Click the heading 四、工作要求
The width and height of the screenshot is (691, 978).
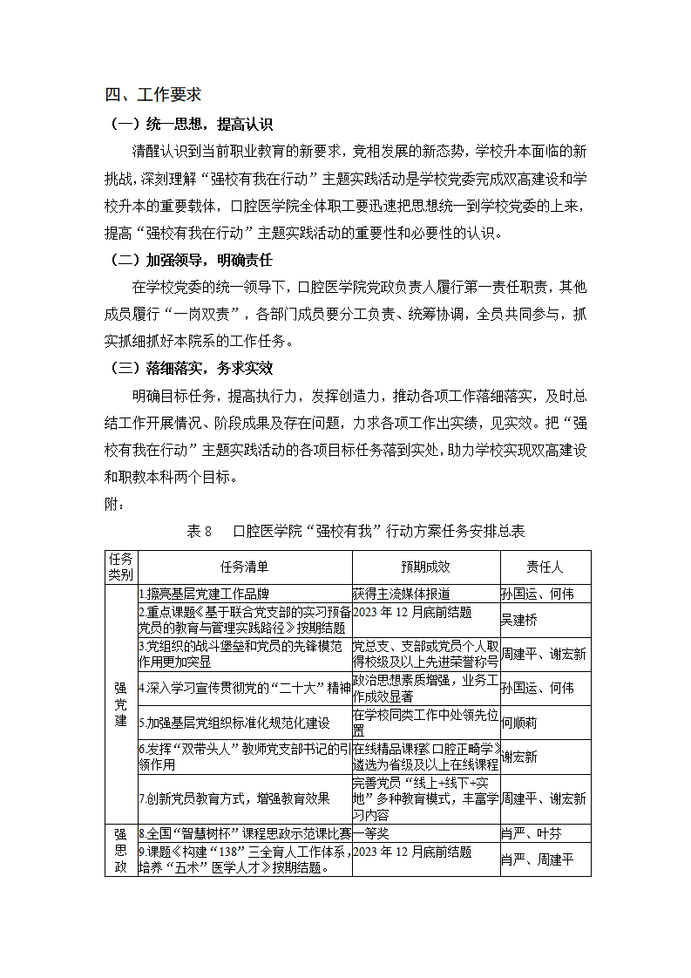click(x=152, y=95)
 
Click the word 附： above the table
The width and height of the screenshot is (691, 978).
click(x=115, y=504)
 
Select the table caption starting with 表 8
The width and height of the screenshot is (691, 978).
click(x=356, y=531)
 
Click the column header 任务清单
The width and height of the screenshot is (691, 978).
click(x=244, y=567)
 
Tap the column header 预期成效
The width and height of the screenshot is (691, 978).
click(x=425, y=567)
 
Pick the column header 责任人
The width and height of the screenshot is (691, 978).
click(x=545, y=567)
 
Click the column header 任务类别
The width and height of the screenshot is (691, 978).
click(x=120, y=567)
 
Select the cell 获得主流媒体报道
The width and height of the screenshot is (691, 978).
click(x=402, y=594)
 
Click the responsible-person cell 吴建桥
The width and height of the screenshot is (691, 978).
click(x=519, y=619)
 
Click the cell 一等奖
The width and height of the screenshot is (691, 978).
click(x=371, y=833)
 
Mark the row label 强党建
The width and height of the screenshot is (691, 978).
click(x=120, y=704)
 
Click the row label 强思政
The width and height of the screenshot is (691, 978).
click(x=120, y=851)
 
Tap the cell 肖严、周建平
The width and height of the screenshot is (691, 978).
click(x=538, y=859)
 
